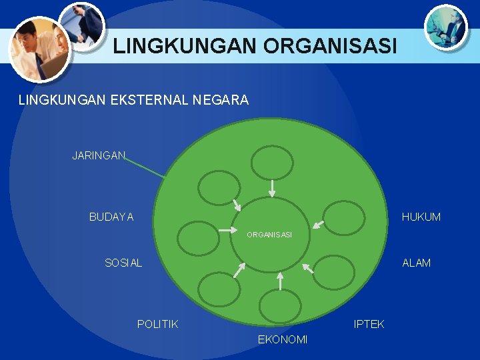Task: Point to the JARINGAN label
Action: tap(99, 155)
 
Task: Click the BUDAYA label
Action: tap(111, 217)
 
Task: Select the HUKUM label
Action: tap(421, 217)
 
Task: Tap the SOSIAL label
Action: tap(123, 263)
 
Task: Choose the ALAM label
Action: tap(416, 263)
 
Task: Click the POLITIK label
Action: tap(157, 324)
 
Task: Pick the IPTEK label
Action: tap(369, 324)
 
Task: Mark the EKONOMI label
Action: tap(283, 340)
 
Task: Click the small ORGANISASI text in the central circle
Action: tap(269, 235)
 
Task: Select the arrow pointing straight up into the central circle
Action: tap(280, 281)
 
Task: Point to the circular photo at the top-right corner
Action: tap(445, 26)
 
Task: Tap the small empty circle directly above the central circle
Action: tap(272, 163)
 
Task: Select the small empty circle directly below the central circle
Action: tap(280, 306)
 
